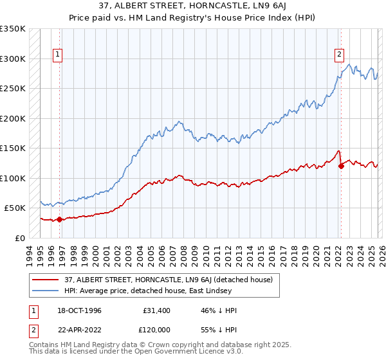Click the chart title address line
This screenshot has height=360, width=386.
[x=193, y=6]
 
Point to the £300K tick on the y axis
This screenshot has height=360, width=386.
[x=13, y=59]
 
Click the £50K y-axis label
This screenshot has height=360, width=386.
[x=15, y=208]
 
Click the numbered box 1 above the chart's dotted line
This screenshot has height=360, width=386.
[x=58, y=55]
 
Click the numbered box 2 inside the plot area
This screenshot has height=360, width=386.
[x=339, y=55]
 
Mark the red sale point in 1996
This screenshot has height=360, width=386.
[x=60, y=219]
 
